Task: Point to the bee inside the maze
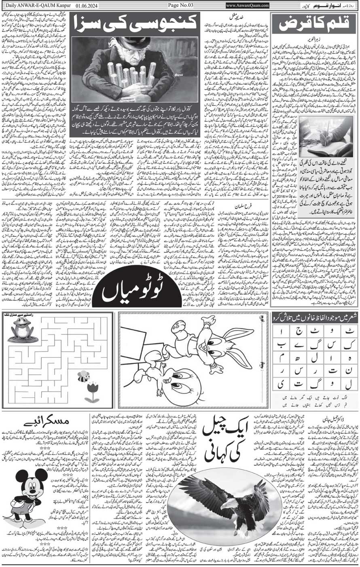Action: [84, 376]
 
